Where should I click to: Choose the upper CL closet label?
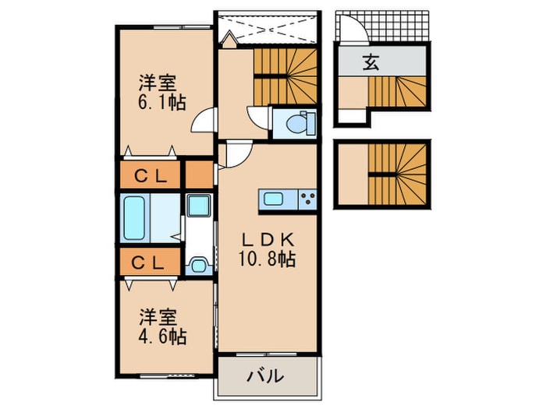click(x=151, y=175)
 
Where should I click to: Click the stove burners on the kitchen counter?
click(x=306, y=199)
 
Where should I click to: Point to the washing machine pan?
click(x=199, y=207)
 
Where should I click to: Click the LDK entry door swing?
click(x=236, y=154)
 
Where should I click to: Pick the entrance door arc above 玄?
click(x=351, y=30)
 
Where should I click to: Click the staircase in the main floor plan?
click(x=285, y=75)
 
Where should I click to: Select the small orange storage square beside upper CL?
click(x=200, y=175)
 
